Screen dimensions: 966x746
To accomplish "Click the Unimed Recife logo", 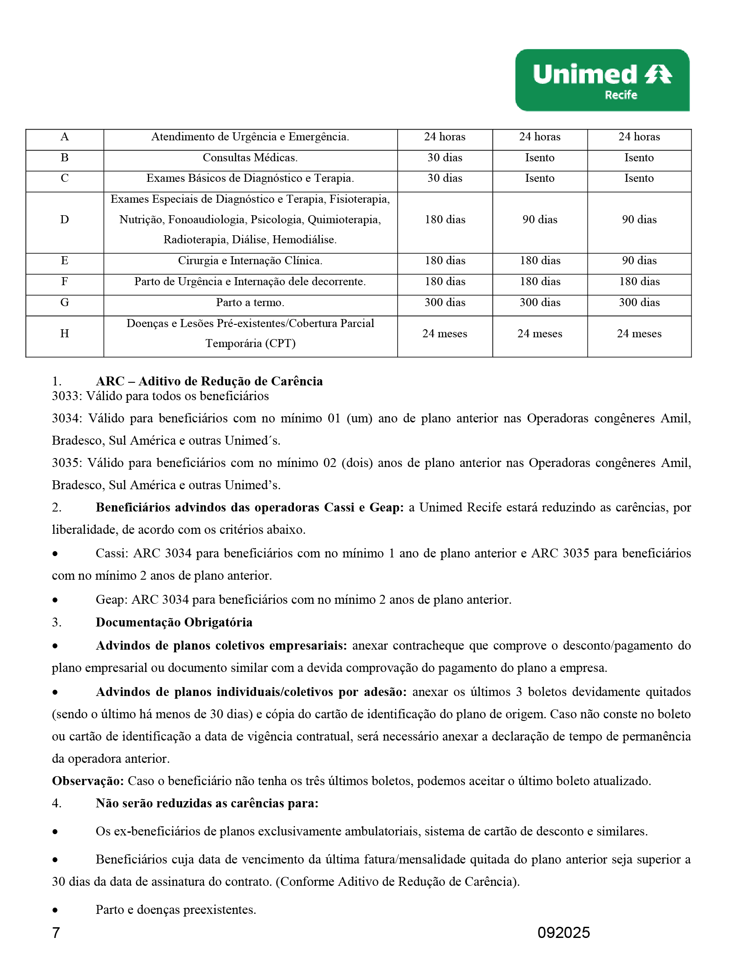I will [602, 80].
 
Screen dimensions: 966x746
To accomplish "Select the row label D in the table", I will [65, 220].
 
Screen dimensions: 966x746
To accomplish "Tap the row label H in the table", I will [65, 334].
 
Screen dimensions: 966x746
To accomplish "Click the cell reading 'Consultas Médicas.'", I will [250, 158].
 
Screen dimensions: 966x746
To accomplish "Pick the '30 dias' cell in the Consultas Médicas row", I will [444, 158].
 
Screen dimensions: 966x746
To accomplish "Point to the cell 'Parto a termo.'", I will [250, 303].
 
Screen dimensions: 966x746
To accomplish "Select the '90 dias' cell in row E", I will [639, 261].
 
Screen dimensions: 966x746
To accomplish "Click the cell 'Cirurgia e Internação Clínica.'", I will [250, 261].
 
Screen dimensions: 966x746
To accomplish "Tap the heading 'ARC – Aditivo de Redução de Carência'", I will [209, 381].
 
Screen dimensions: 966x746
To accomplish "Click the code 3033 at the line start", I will [66, 396].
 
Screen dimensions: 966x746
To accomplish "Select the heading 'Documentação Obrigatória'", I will [174, 622].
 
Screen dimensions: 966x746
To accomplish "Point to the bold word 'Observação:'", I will [88, 781].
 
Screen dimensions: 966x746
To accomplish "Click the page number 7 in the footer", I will [56, 933].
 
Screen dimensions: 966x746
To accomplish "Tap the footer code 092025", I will [563, 933].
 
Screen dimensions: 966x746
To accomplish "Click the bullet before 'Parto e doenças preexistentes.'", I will [55, 910].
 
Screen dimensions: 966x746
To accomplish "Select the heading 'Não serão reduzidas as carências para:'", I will [207, 803].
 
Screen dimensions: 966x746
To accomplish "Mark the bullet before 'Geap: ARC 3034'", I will [55, 600].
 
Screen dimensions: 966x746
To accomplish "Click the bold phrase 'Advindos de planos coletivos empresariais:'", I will [221, 646].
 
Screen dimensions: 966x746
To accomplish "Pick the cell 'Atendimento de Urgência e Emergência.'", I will [250, 137].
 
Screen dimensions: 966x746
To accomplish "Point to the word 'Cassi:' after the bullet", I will [112, 553].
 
